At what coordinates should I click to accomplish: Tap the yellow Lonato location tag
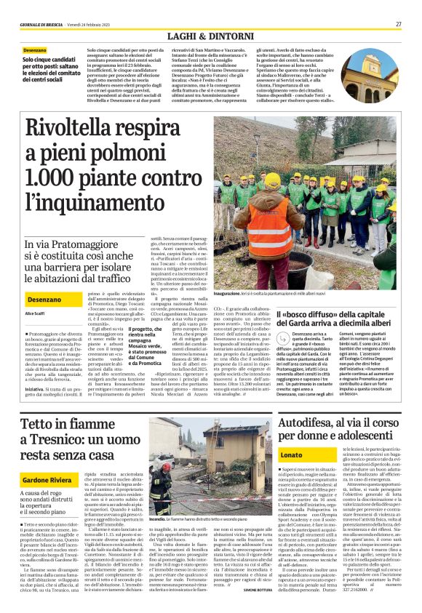pyautogui.click(x=271, y=454)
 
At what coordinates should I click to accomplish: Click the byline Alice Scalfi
pyautogui.click(x=34, y=313)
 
